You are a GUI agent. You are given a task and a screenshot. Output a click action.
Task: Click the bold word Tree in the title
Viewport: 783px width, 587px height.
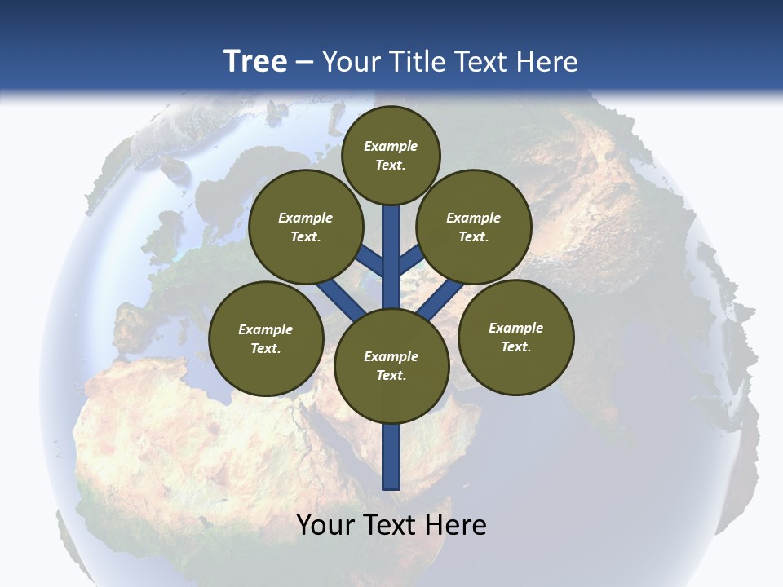point(255,61)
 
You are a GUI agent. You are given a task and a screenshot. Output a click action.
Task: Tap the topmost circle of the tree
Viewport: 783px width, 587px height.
point(391,155)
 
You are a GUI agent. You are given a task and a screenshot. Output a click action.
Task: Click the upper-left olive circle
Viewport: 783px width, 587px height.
point(306,227)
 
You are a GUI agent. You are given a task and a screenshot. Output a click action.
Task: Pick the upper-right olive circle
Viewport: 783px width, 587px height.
point(474,227)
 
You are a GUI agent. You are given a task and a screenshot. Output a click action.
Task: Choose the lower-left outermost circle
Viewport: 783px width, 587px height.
point(266,338)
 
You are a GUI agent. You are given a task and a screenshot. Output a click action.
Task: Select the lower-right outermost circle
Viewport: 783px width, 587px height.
point(516,337)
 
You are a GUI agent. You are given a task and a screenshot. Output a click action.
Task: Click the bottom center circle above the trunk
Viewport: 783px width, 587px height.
point(391,366)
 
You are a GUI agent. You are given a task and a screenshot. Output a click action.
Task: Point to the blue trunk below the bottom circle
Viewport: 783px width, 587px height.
point(391,457)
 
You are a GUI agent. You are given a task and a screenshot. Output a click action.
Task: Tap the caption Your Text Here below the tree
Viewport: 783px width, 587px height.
point(391,525)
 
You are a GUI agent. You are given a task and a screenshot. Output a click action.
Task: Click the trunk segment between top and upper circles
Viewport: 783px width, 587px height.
point(391,245)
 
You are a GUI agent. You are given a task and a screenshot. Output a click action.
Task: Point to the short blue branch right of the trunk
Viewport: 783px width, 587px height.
point(411,259)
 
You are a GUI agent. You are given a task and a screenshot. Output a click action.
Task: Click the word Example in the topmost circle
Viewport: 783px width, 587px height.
point(391,146)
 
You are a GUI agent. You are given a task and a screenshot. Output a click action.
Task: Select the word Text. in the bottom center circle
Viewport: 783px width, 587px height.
point(391,376)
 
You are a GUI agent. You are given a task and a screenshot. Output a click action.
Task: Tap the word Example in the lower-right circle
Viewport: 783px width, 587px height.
point(515,328)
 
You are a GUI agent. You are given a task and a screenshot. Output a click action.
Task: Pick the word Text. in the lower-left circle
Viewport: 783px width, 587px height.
point(265,349)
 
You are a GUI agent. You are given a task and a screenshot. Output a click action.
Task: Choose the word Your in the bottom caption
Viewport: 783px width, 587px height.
point(325,525)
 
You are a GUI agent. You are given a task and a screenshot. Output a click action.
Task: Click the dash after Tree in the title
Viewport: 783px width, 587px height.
point(304,61)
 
